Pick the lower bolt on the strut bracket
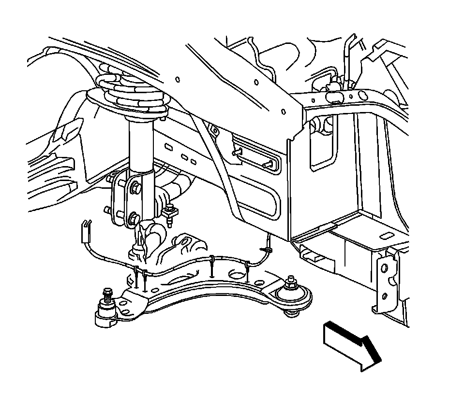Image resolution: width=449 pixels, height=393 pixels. pyautogui.click(x=133, y=218)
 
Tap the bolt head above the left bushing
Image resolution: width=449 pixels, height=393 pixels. pyautogui.click(x=107, y=294)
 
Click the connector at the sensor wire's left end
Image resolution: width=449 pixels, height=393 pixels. pyautogui.click(x=86, y=230)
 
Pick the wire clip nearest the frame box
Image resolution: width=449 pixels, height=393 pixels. pyautogui.click(x=266, y=249)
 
